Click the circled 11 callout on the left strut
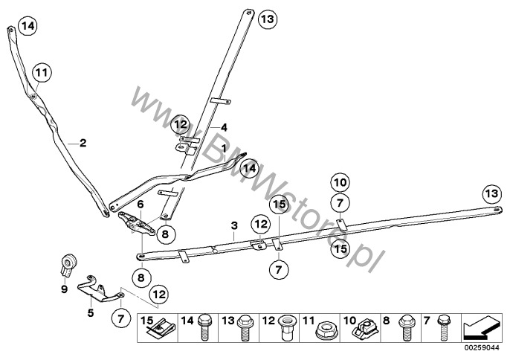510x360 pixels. tap(42, 72)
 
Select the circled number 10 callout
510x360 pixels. tap(340, 182)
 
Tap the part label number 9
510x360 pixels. tap(64, 289)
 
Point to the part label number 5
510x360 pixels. tap(91, 313)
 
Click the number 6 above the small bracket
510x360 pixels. tap(141, 205)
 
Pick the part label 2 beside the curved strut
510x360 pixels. tap(83, 143)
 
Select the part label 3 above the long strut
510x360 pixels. tap(234, 225)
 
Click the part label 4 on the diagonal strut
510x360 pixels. tap(224, 127)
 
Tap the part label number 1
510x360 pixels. tap(224, 149)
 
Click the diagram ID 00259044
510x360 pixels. tap(484, 347)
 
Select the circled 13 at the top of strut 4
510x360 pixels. tap(268, 19)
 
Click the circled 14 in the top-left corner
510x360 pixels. tap(28, 25)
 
